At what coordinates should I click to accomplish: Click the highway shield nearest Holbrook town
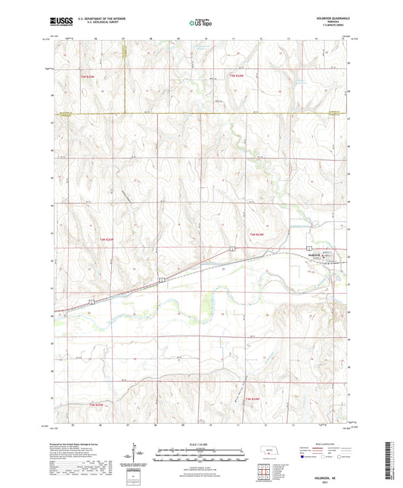pos(308,249)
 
